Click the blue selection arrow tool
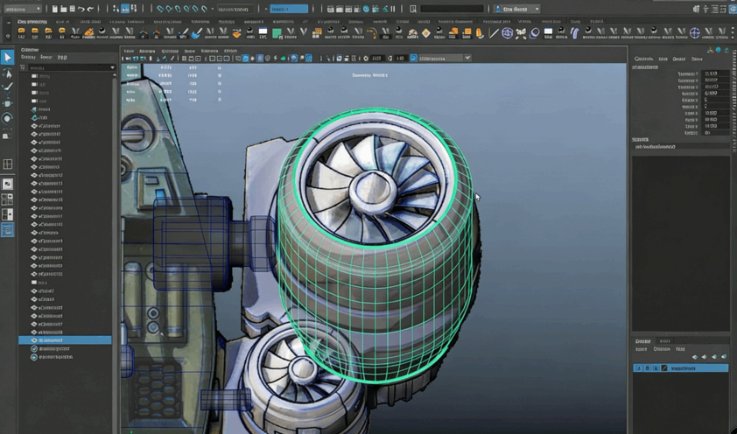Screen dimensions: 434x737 (8, 57)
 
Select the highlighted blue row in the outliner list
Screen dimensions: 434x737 (66, 340)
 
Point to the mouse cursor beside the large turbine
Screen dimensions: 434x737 (477, 197)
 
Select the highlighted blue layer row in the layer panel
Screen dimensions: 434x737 (683, 368)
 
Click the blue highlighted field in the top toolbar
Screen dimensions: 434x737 (289, 9)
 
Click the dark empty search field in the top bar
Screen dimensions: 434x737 (452, 9)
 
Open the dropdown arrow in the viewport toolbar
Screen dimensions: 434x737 (467, 59)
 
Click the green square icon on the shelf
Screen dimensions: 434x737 (277, 33)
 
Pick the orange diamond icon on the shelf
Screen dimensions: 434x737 (426, 33)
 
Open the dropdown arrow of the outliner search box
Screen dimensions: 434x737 (112, 67)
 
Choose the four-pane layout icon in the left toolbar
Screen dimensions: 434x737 (8, 164)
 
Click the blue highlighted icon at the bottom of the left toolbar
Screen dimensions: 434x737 (8, 230)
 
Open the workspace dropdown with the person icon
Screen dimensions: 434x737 (516, 9)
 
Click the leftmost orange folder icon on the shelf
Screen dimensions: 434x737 (21, 33)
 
